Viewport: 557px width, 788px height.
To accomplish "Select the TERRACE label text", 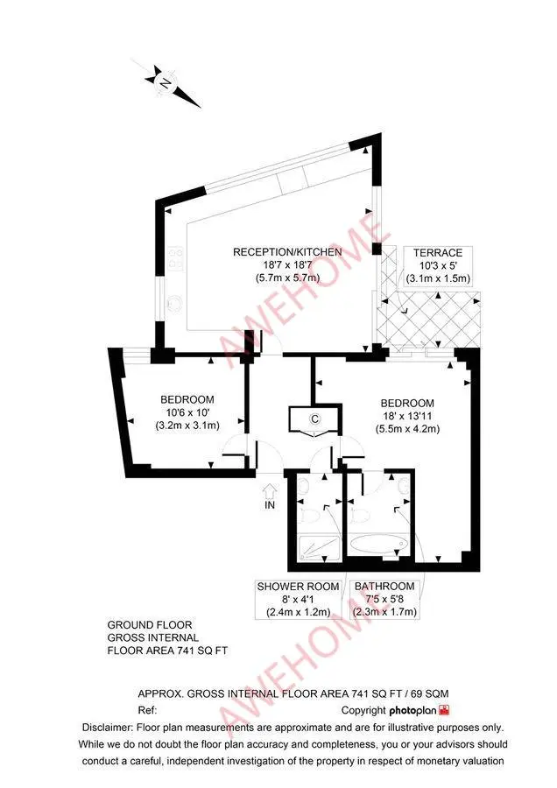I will tap(438, 252).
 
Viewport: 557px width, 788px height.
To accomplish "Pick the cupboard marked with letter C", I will tap(314, 419).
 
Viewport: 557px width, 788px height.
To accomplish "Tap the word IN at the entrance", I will tap(270, 505).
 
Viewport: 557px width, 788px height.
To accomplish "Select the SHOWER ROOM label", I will tap(299, 586).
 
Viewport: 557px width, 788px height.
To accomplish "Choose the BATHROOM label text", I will tap(384, 586).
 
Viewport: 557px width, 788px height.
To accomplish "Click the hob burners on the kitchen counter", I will tap(174, 256).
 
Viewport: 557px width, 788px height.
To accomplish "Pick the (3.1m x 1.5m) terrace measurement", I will tap(438, 278).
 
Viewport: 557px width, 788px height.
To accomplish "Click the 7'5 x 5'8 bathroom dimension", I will tap(384, 600).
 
